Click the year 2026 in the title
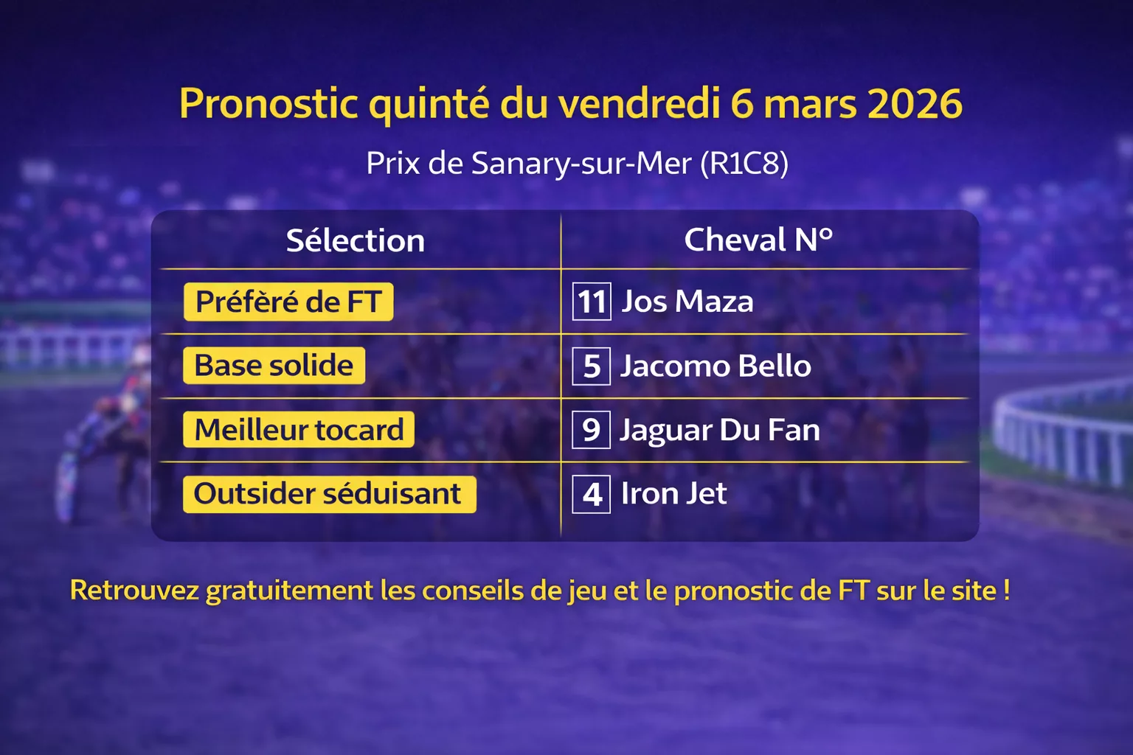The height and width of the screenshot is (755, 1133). click(x=915, y=103)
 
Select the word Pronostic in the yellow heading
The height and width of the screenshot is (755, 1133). click(x=268, y=103)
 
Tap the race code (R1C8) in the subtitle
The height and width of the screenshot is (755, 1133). click(x=744, y=163)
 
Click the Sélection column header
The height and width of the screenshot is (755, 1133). click(x=356, y=240)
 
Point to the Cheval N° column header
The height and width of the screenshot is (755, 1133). click(x=758, y=240)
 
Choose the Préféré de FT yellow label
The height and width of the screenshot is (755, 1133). click(x=288, y=302)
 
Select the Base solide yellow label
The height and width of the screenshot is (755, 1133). click(x=274, y=366)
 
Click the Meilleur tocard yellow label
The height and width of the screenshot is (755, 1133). click(x=299, y=430)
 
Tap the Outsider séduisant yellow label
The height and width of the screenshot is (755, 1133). click(x=329, y=494)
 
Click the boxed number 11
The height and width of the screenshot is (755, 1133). click(x=592, y=302)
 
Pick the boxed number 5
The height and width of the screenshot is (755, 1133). click(x=592, y=366)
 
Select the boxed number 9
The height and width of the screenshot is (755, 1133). click(x=592, y=430)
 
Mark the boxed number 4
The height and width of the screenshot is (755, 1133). click(x=592, y=494)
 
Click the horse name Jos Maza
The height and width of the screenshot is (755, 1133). click(x=687, y=302)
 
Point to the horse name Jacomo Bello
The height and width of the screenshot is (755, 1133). click(x=716, y=366)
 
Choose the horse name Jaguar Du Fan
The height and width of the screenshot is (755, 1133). click(x=720, y=430)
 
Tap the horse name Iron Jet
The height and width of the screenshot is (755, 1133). click(x=673, y=494)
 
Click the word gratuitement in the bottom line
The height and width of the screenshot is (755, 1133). click(x=289, y=591)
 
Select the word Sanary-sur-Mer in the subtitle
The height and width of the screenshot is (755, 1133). click(x=581, y=163)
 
